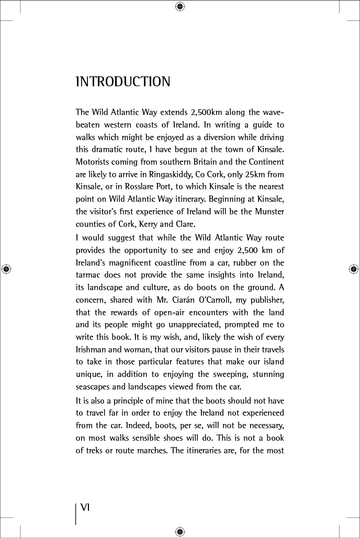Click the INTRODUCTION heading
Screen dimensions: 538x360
(123, 82)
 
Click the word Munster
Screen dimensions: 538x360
(266, 212)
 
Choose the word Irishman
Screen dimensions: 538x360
(93, 350)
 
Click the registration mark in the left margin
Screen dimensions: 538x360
(6, 269)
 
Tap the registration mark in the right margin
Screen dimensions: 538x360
(353, 269)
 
